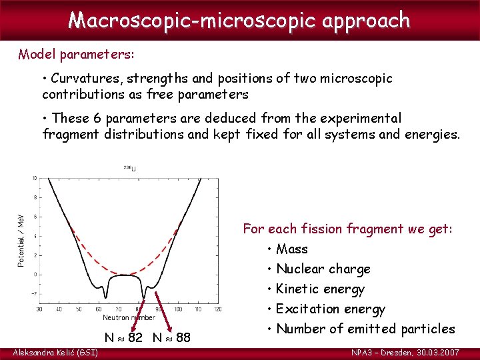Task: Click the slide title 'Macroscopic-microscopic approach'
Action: pos(239,20)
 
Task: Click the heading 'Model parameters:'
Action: pos(69,54)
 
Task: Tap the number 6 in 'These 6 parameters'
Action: pos(95,118)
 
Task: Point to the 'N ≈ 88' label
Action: pos(171,338)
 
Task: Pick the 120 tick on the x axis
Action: pos(217,309)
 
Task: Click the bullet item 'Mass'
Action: pos(291,249)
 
